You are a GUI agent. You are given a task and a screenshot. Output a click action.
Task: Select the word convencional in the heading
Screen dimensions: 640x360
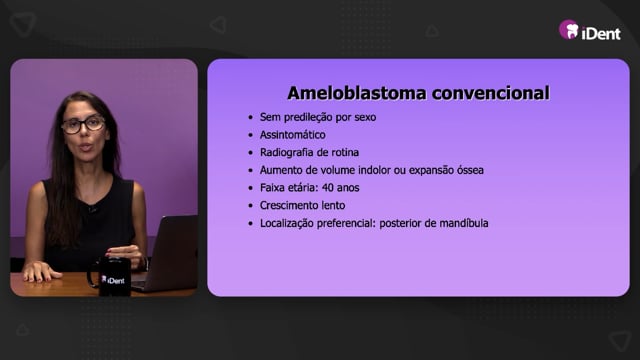[x=491, y=93]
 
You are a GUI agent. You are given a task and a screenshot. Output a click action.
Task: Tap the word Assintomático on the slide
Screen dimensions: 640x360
[x=293, y=135]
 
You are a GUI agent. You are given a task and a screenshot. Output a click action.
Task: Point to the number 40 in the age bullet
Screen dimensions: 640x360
[x=328, y=188]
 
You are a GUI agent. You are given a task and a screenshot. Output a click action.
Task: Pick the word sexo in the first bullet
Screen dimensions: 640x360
[x=365, y=118]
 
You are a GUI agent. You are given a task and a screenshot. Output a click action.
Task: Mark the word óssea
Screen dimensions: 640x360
[x=470, y=170]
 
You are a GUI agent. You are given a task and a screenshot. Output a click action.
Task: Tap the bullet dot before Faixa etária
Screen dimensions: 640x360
[x=251, y=188]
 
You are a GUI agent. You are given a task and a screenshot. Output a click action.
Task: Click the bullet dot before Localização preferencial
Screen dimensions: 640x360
[x=251, y=224]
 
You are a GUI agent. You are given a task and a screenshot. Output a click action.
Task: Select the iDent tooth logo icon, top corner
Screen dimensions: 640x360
[x=569, y=30]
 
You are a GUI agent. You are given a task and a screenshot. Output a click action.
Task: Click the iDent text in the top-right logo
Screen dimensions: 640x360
[x=601, y=33]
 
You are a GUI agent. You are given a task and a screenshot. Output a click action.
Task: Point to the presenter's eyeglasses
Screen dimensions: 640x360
[x=83, y=124]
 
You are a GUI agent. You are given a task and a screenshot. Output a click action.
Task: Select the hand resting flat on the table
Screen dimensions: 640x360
[x=39, y=271]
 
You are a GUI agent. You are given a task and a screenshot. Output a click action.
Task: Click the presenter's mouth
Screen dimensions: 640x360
[x=86, y=147]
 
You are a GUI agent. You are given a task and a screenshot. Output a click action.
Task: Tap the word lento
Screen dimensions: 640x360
[x=335, y=205]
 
